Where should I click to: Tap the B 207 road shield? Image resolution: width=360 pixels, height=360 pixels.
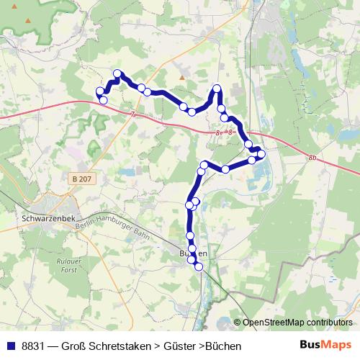point(84,177)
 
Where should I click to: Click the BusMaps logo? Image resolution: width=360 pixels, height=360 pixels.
point(326,346)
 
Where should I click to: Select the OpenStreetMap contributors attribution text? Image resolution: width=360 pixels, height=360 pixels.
point(298,322)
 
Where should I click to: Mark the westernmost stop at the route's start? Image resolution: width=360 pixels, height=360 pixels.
point(100,91)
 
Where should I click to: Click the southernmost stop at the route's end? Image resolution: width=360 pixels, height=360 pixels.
point(199,267)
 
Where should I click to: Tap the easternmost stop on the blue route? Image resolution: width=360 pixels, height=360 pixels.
point(261,154)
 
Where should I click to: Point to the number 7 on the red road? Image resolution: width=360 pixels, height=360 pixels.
point(133,114)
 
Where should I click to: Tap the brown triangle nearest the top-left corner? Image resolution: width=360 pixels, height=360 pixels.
point(31,20)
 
